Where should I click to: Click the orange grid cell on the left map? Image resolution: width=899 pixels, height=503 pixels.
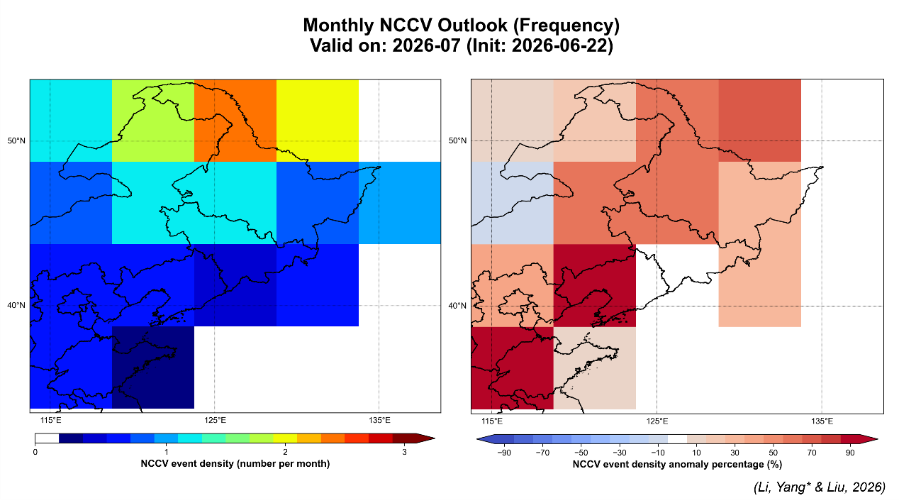pos(235,121)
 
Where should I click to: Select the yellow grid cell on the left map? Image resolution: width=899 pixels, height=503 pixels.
pos(318,121)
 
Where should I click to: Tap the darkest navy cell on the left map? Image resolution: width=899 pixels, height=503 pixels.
pos(153,367)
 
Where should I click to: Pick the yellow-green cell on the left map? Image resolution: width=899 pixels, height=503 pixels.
pos(153,121)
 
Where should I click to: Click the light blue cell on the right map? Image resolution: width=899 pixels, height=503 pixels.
pos(512,203)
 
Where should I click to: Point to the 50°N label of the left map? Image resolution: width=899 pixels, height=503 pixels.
pos(16,140)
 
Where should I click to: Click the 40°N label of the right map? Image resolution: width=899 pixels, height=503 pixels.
pos(457,306)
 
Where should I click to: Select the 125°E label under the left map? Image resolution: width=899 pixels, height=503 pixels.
pos(215,420)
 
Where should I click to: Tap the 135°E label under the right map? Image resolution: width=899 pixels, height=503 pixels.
pos(822,421)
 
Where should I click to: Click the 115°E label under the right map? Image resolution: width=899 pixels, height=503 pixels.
pos(492,421)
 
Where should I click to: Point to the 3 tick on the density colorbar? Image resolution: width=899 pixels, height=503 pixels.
pos(404,452)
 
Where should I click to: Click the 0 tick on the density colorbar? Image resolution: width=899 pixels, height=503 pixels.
pos(35,452)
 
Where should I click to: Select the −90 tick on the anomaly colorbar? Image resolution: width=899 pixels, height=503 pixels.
pos(504,453)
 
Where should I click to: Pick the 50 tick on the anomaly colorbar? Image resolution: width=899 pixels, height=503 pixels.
pos(774,453)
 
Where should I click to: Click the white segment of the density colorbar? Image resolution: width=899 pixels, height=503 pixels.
pos(47,438)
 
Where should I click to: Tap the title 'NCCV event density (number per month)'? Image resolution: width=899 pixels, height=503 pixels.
pos(235,464)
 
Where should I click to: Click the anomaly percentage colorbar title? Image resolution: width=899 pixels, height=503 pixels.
pos(677,465)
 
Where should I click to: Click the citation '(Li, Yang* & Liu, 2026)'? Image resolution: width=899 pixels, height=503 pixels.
pos(819,487)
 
